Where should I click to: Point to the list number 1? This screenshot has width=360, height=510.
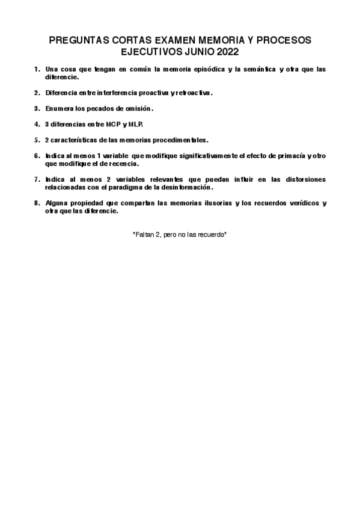click(x=37, y=69)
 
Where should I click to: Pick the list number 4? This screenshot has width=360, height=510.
click(x=37, y=124)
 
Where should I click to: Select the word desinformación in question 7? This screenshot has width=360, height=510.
click(x=185, y=187)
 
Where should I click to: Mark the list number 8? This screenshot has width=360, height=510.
click(x=37, y=203)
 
